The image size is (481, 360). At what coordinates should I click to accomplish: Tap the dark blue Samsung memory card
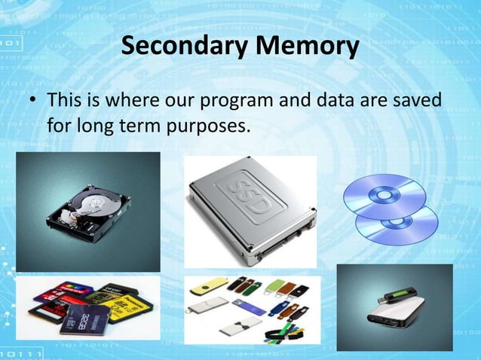click(82, 319)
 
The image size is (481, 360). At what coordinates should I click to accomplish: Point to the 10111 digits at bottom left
click(20, 352)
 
